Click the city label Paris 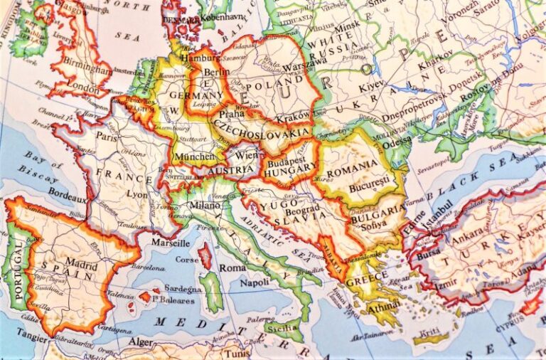pos(107,136)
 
